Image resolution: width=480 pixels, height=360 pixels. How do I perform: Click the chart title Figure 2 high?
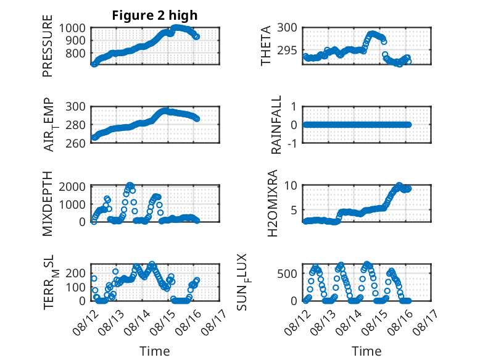tap(155, 15)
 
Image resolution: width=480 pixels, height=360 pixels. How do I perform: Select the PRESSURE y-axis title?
tap(48, 46)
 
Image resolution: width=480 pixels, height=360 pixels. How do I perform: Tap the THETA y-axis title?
tap(266, 46)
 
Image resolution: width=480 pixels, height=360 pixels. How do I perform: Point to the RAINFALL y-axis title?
tap(276, 125)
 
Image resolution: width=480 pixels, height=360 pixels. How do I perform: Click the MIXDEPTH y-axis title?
tap(48, 204)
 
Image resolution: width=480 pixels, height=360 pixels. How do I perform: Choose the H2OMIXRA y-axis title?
tap(273, 203)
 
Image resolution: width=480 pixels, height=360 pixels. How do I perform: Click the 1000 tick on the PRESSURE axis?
tap(72, 28)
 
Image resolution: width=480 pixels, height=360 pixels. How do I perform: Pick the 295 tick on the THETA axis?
tap(287, 50)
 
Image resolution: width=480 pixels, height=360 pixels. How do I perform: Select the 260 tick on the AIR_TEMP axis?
tap(75, 143)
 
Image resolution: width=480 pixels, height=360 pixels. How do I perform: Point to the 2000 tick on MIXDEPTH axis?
tap(72, 186)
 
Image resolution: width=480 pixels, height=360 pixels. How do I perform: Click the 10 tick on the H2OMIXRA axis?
tap(291, 185)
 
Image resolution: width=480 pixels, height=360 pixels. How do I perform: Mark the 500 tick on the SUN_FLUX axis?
tap(287, 274)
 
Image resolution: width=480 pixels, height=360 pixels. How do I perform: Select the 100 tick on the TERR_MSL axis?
tap(75, 287)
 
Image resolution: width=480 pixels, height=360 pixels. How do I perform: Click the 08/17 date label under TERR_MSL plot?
tap(214, 322)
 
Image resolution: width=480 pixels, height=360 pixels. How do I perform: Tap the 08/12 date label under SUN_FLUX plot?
tap(297, 322)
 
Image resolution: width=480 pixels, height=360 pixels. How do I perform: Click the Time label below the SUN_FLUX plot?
tap(366, 351)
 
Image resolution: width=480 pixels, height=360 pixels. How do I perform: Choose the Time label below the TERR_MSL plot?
tap(155, 351)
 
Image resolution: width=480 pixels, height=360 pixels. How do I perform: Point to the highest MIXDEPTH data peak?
tap(130, 185)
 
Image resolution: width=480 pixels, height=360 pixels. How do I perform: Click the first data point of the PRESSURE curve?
tap(94, 64)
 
